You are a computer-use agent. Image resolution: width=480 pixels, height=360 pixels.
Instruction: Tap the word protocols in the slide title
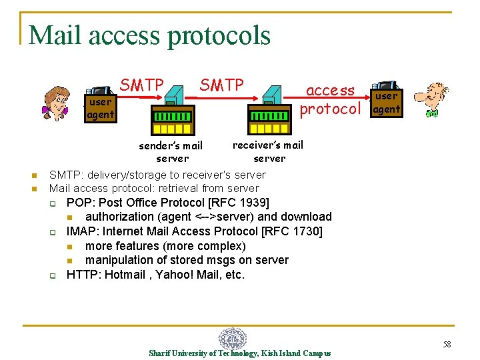tap(219, 36)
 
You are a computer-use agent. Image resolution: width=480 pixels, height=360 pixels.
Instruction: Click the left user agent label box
tap(100, 108)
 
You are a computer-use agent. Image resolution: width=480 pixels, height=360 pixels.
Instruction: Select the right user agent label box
tap(386, 103)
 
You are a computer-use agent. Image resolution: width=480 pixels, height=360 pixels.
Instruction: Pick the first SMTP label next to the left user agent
tap(141, 85)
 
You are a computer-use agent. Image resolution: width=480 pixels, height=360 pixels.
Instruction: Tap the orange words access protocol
tap(331, 99)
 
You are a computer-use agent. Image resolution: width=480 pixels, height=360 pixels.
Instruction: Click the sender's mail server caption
tap(171, 152)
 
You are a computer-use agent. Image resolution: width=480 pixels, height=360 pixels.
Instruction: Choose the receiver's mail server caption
tap(268, 151)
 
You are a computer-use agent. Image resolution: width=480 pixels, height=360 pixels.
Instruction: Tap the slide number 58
tap(447, 345)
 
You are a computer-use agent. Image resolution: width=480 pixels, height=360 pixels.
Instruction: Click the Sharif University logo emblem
tap(232, 338)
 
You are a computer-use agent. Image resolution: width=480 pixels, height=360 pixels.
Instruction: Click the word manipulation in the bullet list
tap(120, 260)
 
